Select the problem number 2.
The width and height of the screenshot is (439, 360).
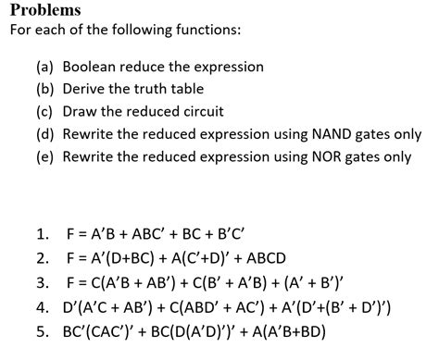(43, 256)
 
